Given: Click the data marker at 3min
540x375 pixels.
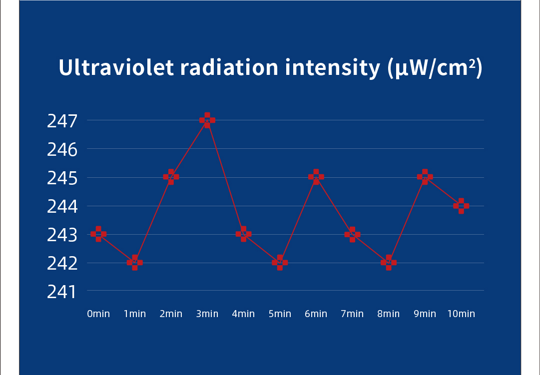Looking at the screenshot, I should [207, 120].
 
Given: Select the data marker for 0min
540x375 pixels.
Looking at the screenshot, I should [98, 234].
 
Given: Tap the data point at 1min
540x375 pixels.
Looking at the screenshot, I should [135, 262].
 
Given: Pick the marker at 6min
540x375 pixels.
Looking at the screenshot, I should [316, 177].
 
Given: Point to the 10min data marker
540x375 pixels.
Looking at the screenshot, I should [461, 206].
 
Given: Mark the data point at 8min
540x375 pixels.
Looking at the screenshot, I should [389, 262].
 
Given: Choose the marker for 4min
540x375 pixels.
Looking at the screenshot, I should [243, 234].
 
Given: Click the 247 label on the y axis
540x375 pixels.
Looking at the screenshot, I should [62, 121].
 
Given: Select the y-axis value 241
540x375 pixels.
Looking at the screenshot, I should [62, 292].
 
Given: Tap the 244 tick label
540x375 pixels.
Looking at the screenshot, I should [62, 206].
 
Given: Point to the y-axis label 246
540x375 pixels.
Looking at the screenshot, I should [62, 149].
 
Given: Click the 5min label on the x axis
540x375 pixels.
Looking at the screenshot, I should [280, 314].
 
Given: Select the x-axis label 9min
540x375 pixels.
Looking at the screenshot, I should [425, 314].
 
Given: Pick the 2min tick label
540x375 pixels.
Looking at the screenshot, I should [171, 314].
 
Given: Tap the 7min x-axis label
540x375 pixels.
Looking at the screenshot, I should [352, 314].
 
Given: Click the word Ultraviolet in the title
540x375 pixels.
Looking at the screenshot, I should [116, 68].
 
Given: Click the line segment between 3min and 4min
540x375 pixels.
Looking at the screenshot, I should [225, 177].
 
